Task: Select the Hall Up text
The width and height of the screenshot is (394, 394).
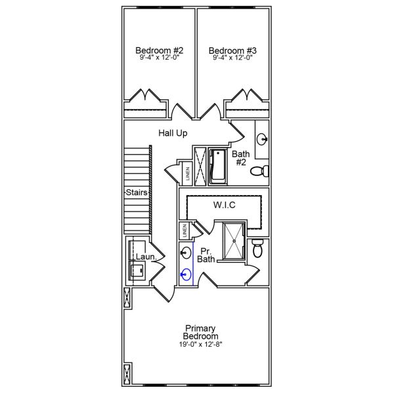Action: coord(173,133)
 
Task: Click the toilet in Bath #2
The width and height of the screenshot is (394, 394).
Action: coord(261,172)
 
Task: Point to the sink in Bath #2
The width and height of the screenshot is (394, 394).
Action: coord(262,139)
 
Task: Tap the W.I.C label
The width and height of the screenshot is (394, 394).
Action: coord(224,206)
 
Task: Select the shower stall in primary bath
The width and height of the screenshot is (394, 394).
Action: coord(233,241)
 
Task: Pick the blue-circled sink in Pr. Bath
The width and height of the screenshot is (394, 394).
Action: coord(187,274)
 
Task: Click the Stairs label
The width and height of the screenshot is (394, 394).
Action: coord(136,193)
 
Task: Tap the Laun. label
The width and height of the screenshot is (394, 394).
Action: coord(145,257)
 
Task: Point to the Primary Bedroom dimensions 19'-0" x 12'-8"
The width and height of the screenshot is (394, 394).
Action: coord(201,345)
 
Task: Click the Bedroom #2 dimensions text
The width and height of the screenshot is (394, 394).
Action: coord(160,58)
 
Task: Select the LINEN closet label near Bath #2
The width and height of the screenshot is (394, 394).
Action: coord(187,174)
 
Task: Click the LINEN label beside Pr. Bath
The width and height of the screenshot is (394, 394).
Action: coord(185,231)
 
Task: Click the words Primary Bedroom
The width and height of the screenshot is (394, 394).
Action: coord(201,332)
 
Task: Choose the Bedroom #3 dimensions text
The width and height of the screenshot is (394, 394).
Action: coord(232,58)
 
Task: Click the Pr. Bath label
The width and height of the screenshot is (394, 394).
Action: coord(206,255)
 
